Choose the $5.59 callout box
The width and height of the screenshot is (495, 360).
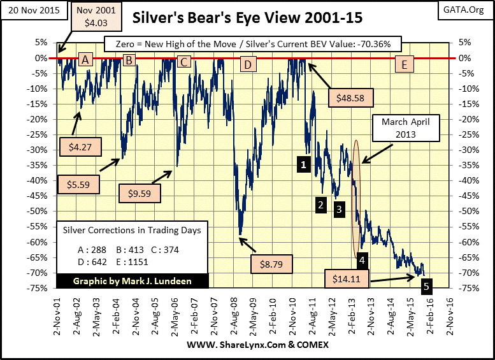pos(77,183)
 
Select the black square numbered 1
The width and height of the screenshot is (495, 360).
pos(304,164)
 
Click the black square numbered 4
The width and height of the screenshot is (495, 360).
pos(361,259)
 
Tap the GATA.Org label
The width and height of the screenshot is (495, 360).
pos(470,11)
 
